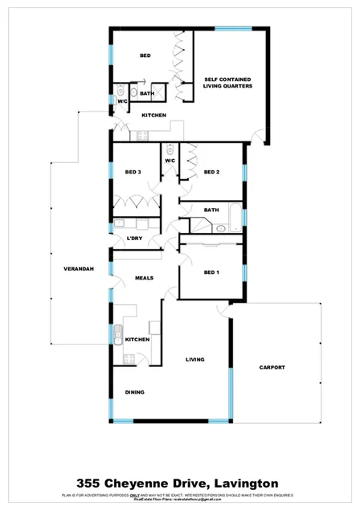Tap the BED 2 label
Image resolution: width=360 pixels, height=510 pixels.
coord(211,173)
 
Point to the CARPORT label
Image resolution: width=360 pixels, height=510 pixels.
coord(272,367)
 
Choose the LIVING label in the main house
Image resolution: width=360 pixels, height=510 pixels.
coord(195,359)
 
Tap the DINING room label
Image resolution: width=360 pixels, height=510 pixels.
coord(134,393)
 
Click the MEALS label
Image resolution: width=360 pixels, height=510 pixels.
coord(144,278)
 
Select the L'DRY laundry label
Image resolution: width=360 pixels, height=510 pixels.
coord(134,238)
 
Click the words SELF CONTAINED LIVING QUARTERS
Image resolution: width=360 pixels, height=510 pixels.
coord(227,83)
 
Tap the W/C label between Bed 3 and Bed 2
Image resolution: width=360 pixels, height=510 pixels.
coord(170,161)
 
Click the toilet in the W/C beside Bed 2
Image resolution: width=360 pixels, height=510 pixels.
coord(170,149)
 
